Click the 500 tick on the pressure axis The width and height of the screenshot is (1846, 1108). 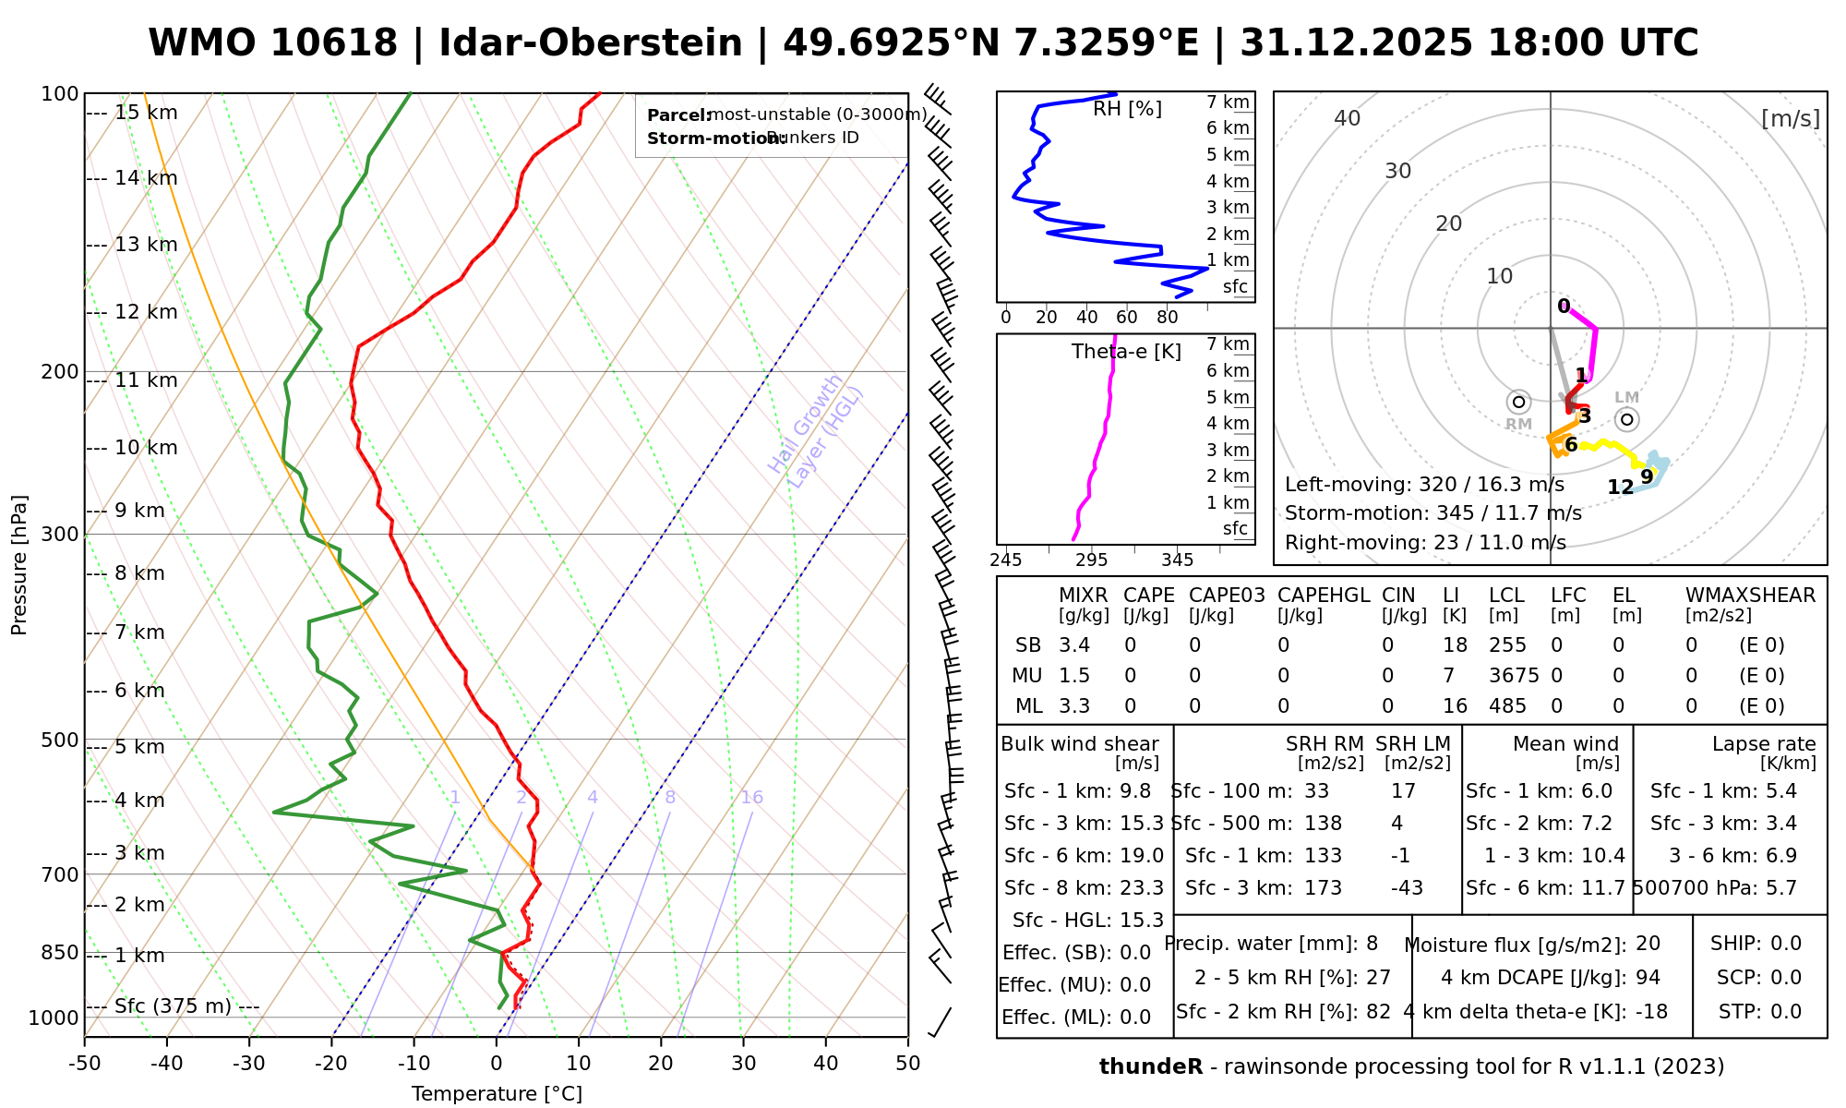click(x=59, y=740)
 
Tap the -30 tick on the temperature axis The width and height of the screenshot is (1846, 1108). click(x=249, y=1064)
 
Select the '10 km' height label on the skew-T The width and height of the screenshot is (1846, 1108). click(x=146, y=449)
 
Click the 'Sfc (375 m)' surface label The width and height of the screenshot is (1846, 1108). click(x=173, y=1006)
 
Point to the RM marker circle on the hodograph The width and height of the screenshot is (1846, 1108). click(x=1518, y=402)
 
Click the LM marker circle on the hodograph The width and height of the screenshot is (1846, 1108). click(x=1626, y=419)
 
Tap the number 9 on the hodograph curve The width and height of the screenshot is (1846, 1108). click(x=1647, y=477)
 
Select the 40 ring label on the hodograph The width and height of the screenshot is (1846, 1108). click(x=1348, y=118)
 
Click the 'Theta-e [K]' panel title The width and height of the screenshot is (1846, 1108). click(x=1126, y=352)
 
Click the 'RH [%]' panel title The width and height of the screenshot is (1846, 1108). click(x=1127, y=109)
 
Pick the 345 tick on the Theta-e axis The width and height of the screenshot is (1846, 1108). click(x=1177, y=560)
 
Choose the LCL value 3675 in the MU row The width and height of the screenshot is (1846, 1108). click(x=1514, y=676)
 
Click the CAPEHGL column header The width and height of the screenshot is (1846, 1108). click(x=1323, y=596)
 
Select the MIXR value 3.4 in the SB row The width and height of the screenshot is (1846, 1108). click(x=1074, y=645)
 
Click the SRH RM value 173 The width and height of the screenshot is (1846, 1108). click(x=1323, y=888)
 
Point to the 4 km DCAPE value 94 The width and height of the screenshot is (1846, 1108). click(x=1648, y=978)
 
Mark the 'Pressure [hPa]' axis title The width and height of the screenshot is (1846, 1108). click(x=19, y=565)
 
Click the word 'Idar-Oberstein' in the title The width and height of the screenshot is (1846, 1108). click(x=591, y=43)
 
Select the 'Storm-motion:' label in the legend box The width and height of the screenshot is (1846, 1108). click(x=706, y=138)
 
